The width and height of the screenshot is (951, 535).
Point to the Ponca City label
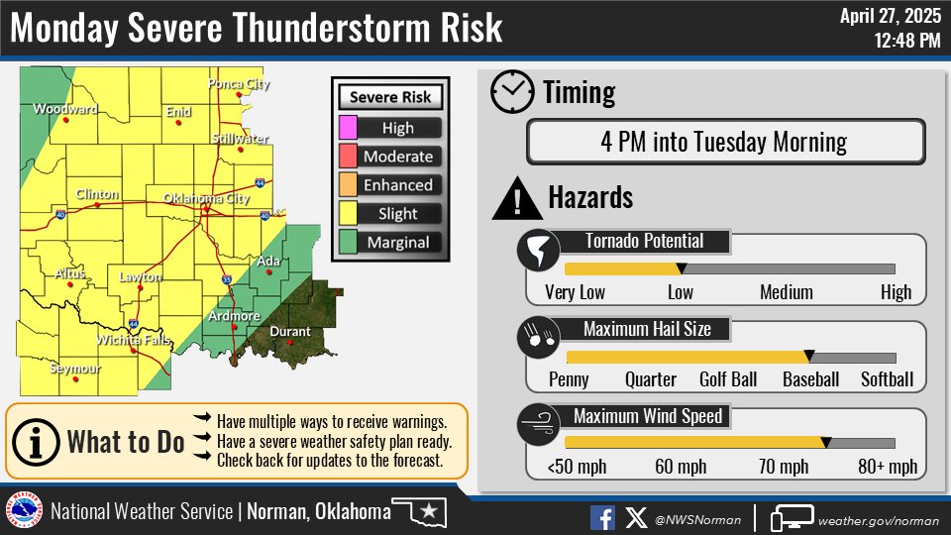(x=238, y=84)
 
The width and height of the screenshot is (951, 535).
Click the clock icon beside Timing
(x=512, y=93)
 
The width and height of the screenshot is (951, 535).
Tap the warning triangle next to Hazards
(x=513, y=199)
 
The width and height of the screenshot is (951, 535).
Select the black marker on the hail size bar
(x=809, y=356)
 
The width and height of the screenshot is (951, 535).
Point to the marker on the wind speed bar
(x=826, y=442)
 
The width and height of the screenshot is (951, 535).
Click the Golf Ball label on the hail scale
(x=728, y=379)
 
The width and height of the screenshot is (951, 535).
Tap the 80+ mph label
(x=888, y=467)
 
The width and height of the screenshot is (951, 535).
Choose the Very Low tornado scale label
(x=575, y=292)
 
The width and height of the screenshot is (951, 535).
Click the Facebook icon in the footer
(x=602, y=517)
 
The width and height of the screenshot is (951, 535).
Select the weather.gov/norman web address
(x=878, y=518)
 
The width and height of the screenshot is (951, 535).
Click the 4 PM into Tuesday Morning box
(x=724, y=142)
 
